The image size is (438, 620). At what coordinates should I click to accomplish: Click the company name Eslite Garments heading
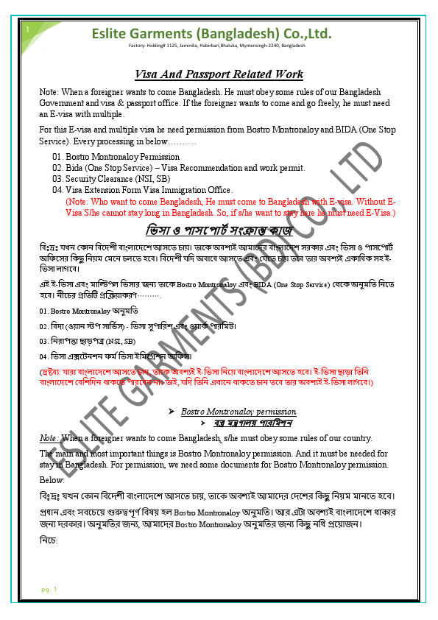click(211, 34)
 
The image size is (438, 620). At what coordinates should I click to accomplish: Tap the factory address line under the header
click(217, 46)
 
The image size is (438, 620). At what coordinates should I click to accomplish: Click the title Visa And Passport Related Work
click(219, 74)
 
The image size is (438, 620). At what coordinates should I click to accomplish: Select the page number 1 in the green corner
click(27, 29)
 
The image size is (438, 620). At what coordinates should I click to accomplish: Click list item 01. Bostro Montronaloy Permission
click(116, 157)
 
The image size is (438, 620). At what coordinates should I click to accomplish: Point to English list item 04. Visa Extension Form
click(143, 190)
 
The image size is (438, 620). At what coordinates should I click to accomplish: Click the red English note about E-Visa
click(230, 207)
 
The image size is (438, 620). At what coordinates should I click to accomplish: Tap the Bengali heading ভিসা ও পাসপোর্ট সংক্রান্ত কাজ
click(219, 229)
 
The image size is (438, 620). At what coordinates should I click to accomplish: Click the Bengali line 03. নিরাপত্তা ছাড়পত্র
click(88, 342)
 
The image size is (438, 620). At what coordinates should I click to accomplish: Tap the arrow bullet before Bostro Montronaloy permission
click(171, 410)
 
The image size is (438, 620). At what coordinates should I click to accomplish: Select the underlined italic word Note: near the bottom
click(50, 438)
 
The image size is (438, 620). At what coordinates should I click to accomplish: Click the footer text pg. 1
click(49, 589)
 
